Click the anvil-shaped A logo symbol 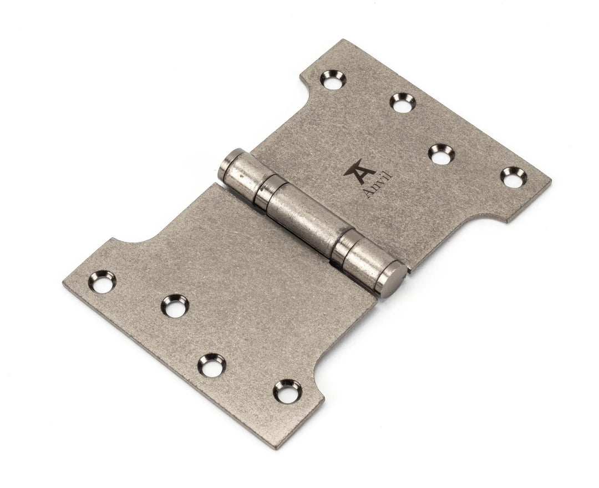356,169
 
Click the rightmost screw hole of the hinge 514,177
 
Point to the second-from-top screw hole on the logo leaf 403,101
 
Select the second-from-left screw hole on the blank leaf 175,306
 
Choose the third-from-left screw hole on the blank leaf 211,365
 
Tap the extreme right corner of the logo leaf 551,181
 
